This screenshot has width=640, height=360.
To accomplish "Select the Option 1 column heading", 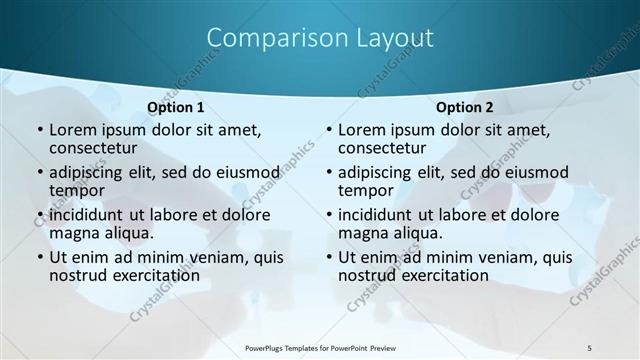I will [176, 107].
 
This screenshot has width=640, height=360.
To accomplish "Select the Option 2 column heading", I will [465, 107].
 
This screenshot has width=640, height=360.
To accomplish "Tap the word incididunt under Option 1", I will [94, 215].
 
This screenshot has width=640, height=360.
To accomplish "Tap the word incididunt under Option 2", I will [383, 215].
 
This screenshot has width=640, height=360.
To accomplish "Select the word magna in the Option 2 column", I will [364, 233].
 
